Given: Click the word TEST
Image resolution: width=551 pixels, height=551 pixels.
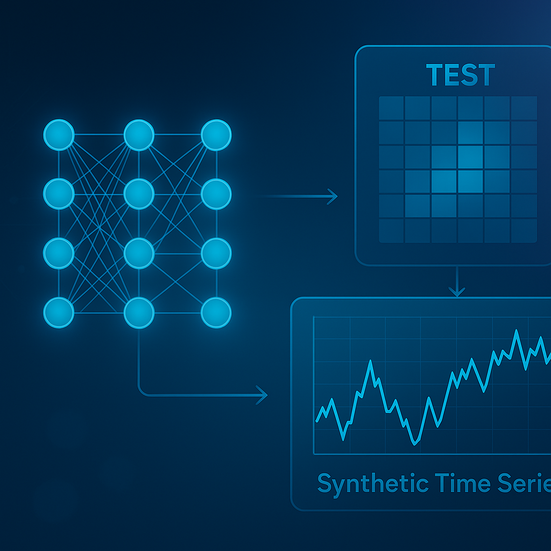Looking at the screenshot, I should point(460,75).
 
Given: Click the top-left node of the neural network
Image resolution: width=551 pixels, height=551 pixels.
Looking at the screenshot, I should point(59,135).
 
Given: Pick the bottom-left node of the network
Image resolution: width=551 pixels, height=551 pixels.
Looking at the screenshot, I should point(59,312).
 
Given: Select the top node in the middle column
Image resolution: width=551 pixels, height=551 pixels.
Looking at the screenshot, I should point(139,135).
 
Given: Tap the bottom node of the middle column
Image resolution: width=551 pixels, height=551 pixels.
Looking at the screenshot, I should point(139,312).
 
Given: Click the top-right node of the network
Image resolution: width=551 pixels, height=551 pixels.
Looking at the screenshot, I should point(216,135).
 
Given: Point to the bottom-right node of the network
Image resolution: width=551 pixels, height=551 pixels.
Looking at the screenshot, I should point(216,312).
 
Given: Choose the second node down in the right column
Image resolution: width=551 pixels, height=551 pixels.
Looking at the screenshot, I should point(216,194).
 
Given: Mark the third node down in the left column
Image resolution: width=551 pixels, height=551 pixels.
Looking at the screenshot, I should point(59,252).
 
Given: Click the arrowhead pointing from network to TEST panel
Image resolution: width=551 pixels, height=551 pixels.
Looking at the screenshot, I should point(333,197).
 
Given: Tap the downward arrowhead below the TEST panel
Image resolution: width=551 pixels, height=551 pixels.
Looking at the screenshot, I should point(456,292).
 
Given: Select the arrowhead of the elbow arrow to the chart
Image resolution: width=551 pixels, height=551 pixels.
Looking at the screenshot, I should point(263,395).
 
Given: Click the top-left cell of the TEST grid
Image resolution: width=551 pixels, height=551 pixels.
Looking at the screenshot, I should point(391,108).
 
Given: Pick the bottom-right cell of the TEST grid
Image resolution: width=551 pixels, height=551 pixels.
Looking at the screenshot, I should point(524,230).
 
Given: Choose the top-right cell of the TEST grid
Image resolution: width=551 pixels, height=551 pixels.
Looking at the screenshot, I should point(524,108).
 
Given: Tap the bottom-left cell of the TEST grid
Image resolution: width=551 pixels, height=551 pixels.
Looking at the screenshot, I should point(391,230).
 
